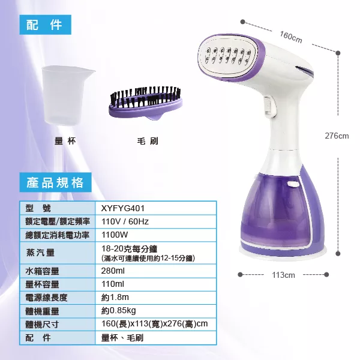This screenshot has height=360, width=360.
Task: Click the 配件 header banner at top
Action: click(x=45, y=25)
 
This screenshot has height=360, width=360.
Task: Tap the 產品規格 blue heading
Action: click(x=55, y=182)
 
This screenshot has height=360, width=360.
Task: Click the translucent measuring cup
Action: click(x=66, y=95)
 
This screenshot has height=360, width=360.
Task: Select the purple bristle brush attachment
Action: click(x=146, y=103)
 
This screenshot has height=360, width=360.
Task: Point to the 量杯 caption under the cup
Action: click(x=65, y=141)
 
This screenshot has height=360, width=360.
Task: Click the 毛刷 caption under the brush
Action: click(x=148, y=141)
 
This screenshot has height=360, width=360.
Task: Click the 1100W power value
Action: click(x=115, y=235)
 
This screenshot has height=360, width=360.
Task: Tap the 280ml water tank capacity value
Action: click(x=113, y=271)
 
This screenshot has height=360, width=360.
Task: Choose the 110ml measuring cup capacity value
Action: click(x=113, y=284)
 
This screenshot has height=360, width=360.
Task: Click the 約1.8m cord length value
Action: click(x=115, y=298)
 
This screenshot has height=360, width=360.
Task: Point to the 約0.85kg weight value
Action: click(x=118, y=311)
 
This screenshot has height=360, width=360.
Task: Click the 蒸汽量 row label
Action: click(x=40, y=253)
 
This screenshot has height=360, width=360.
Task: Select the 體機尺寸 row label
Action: click(x=42, y=325)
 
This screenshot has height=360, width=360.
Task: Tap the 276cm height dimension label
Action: click(x=337, y=136)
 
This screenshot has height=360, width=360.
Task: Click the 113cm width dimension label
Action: click(x=283, y=275)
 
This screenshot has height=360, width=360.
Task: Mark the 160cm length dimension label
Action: click(x=291, y=37)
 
